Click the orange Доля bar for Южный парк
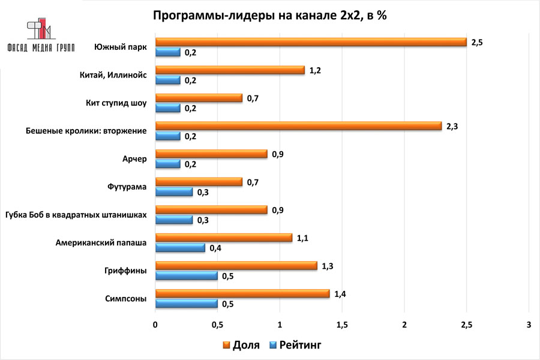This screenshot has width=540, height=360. [311, 42]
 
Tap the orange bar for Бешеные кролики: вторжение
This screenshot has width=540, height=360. [298, 126]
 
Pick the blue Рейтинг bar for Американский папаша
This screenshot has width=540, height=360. [180, 248]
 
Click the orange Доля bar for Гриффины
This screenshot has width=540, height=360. [236, 266]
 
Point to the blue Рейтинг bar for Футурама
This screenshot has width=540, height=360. [174, 192]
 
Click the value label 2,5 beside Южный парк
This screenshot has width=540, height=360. [478, 42]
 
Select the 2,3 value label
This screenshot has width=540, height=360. [452, 126]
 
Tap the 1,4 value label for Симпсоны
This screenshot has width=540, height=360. [340, 293]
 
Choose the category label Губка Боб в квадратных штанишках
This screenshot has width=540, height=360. [76, 215]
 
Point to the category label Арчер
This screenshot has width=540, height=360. [134, 159]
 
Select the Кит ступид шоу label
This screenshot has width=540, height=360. [116, 103]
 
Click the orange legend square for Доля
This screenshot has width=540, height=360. [226, 345]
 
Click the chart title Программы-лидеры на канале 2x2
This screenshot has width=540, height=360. [270, 16]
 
